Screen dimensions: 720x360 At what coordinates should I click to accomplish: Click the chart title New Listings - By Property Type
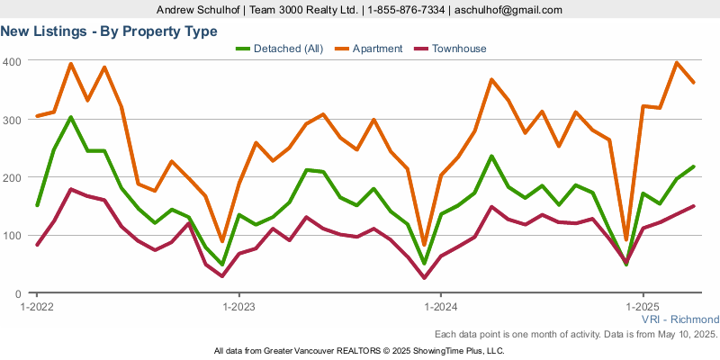[109, 31]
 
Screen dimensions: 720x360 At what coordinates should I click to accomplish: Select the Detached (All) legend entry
[280, 49]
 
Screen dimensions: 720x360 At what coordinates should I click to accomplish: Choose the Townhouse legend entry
[451, 49]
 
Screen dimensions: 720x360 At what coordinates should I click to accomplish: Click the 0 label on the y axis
[17, 294]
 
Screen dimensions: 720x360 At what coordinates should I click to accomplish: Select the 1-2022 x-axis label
[37, 307]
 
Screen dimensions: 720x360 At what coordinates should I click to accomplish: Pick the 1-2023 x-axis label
[238, 307]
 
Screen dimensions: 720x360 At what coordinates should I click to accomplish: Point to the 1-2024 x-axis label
[441, 307]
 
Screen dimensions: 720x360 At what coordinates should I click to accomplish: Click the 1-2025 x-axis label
[643, 307]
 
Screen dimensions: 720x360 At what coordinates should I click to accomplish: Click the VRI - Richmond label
[680, 319]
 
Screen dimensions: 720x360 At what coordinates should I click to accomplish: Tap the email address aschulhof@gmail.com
[508, 10]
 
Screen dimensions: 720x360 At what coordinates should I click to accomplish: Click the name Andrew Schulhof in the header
[199, 10]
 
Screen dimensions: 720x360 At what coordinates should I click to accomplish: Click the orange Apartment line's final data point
[693, 83]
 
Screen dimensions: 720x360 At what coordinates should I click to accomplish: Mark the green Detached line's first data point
[37, 205]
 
